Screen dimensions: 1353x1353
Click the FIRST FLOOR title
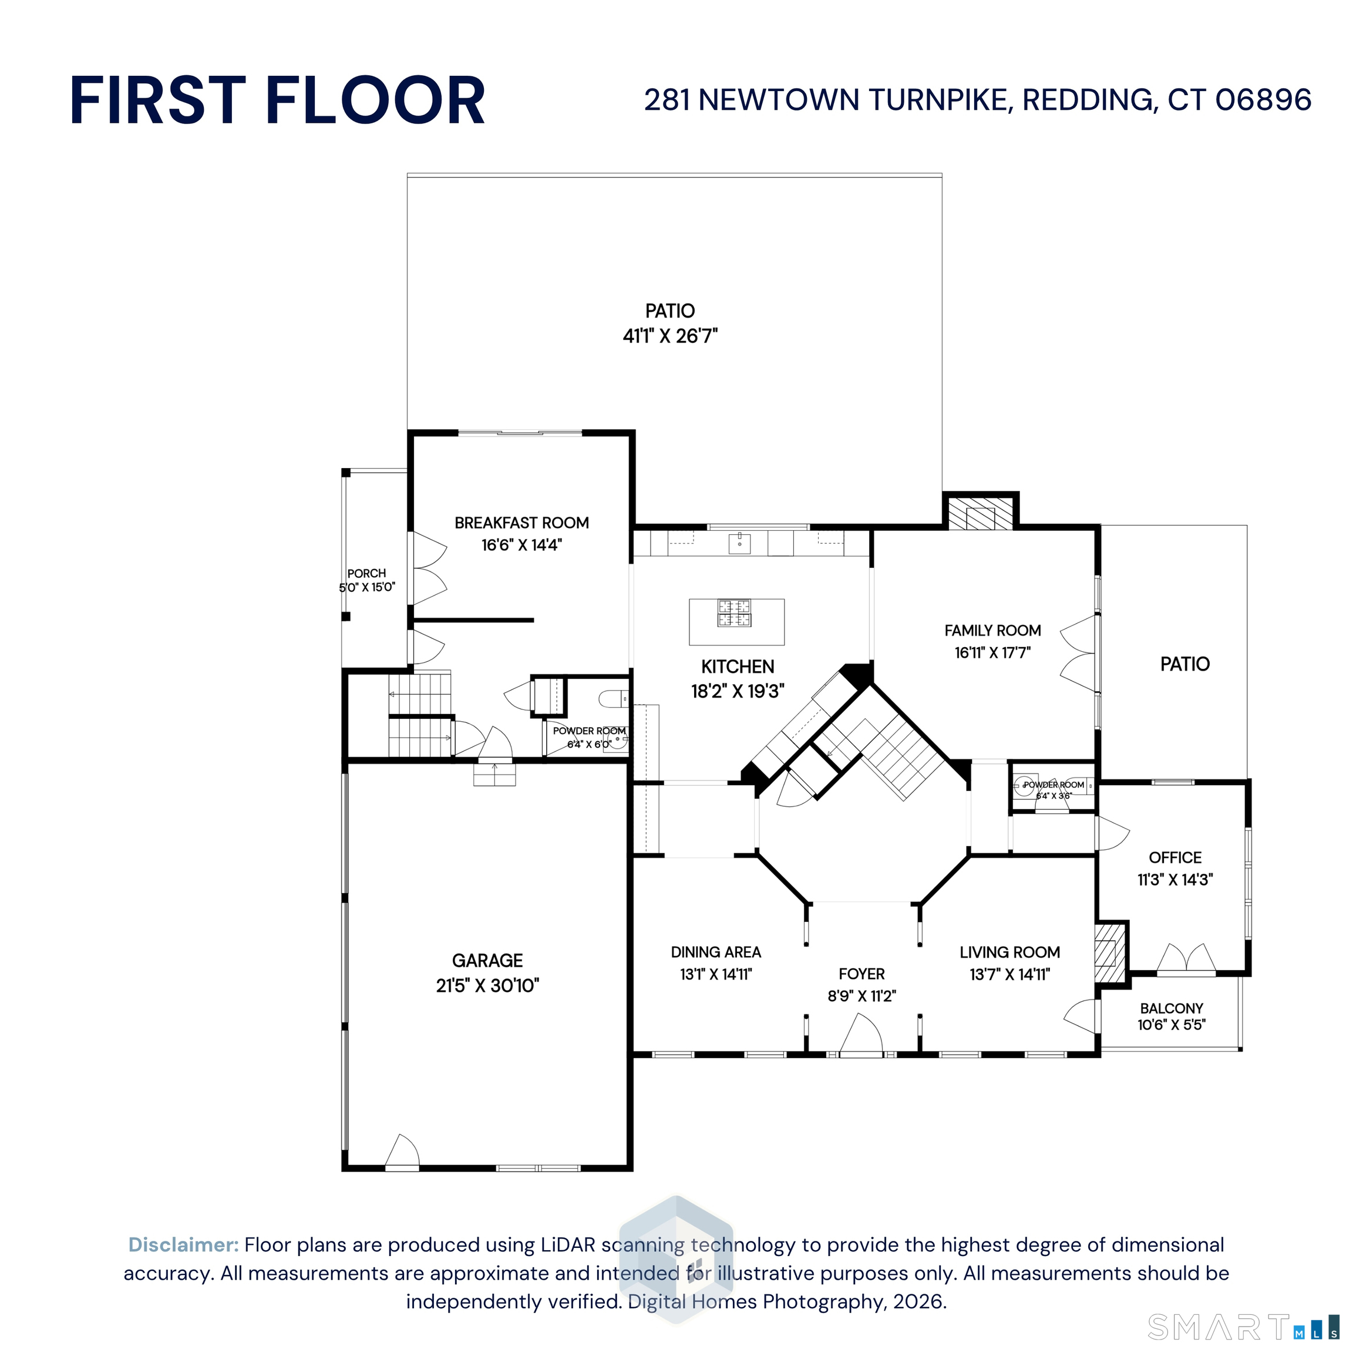[277, 101]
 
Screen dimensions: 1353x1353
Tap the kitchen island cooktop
[734, 612]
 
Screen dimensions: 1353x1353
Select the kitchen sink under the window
[739, 542]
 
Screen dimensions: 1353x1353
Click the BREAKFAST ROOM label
[521, 523]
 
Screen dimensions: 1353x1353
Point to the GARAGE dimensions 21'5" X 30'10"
[487, 985]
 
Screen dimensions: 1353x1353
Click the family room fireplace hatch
[981, 513]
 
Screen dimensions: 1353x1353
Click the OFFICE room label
[1175, 858]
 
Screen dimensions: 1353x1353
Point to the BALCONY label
[1172, 1008]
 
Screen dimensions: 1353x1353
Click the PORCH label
[366, 574]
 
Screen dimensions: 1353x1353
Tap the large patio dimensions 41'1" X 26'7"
[670, 336]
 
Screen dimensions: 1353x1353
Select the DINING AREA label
[716, 953]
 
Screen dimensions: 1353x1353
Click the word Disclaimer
[183, 1244]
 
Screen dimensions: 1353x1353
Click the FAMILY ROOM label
[992, 630]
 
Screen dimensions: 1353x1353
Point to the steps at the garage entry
[495, 775]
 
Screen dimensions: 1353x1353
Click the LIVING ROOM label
[1010, 953]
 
